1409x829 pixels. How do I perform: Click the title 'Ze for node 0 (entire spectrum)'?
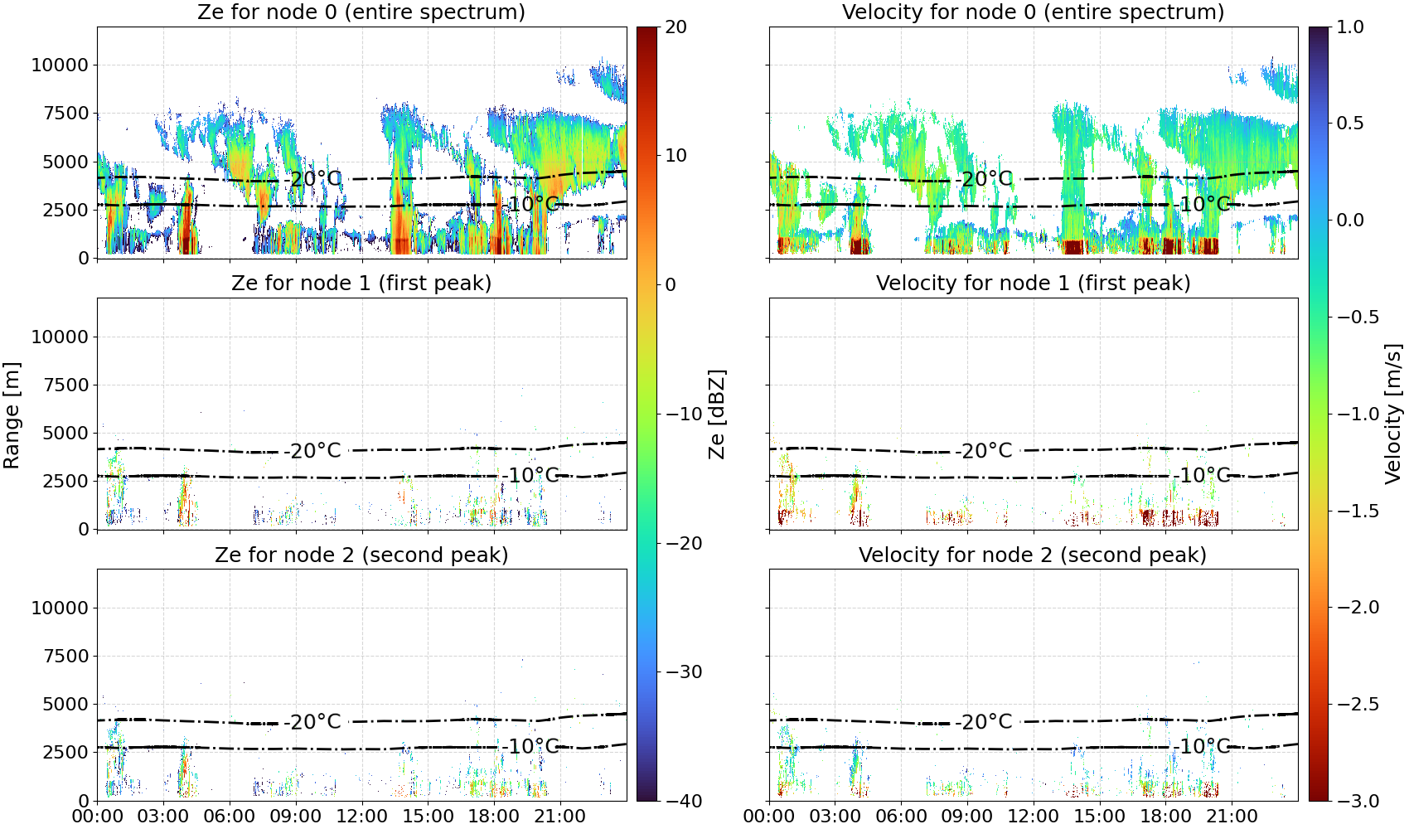point(361,12)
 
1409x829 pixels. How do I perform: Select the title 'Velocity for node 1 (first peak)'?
point(1034,283)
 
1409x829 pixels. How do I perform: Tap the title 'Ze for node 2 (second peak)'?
point(361,555)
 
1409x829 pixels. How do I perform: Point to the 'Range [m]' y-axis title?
point(12,415)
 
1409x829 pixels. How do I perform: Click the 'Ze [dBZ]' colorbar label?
point(717,414)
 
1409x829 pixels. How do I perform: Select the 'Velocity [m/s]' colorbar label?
point(1393,414)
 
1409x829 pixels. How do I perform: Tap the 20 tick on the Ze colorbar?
point(676,27)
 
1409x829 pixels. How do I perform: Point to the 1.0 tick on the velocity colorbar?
point(1350,27)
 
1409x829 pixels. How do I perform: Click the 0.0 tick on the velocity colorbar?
point(1350,221)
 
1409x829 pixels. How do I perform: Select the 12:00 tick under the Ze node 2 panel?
point(361,817)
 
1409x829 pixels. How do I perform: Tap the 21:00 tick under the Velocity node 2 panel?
point(1232,817)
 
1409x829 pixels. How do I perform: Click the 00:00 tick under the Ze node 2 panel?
point(98,817)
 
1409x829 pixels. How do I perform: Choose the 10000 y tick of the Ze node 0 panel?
point(60,65)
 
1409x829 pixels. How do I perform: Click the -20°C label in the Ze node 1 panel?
point(312,451)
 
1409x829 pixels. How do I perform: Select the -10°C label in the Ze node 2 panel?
point(531,747)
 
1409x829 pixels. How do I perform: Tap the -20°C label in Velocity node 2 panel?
point(985,721)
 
